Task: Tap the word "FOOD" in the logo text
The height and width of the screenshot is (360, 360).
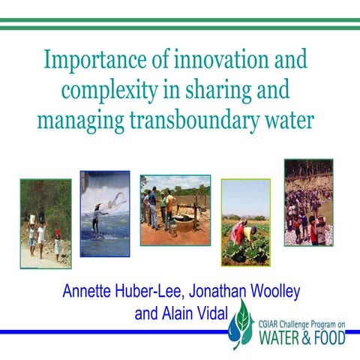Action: tap(330, 337)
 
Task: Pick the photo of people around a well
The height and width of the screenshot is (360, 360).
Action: tap(175, 211)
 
